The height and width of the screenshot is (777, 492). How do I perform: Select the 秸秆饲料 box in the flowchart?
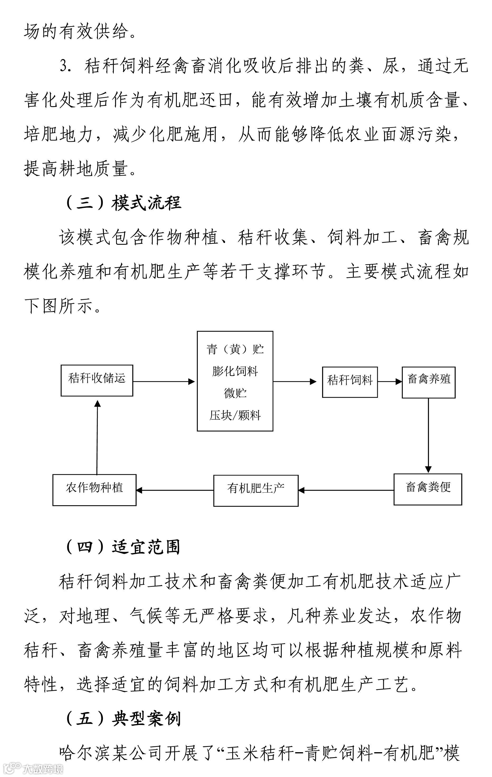pyautogui.click(x=350, y=382)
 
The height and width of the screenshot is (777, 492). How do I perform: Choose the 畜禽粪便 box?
pyautogui.click(x=428, y=489)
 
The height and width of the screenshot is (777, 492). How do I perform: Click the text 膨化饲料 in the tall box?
pyautogui.click(x=235, y=371)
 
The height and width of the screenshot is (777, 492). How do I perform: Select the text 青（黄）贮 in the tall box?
pyautogui.click(x=235, y=349)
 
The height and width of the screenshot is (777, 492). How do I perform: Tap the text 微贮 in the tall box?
pyautogui.click(x=235, y=393)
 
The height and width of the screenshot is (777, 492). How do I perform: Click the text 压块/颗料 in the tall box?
pyautogui.click(x=235, y=416)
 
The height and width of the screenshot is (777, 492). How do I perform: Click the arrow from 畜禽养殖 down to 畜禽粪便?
pyautogui.click(x=428, y=436)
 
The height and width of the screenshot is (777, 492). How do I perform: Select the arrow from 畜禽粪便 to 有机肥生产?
pyautogui.click(x=346, y=490)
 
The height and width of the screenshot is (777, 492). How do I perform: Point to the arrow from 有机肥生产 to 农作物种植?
pyautogui.click(x=175, y=490)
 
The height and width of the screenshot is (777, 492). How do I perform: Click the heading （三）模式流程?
pyautogui.click(x=124, y=203)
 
